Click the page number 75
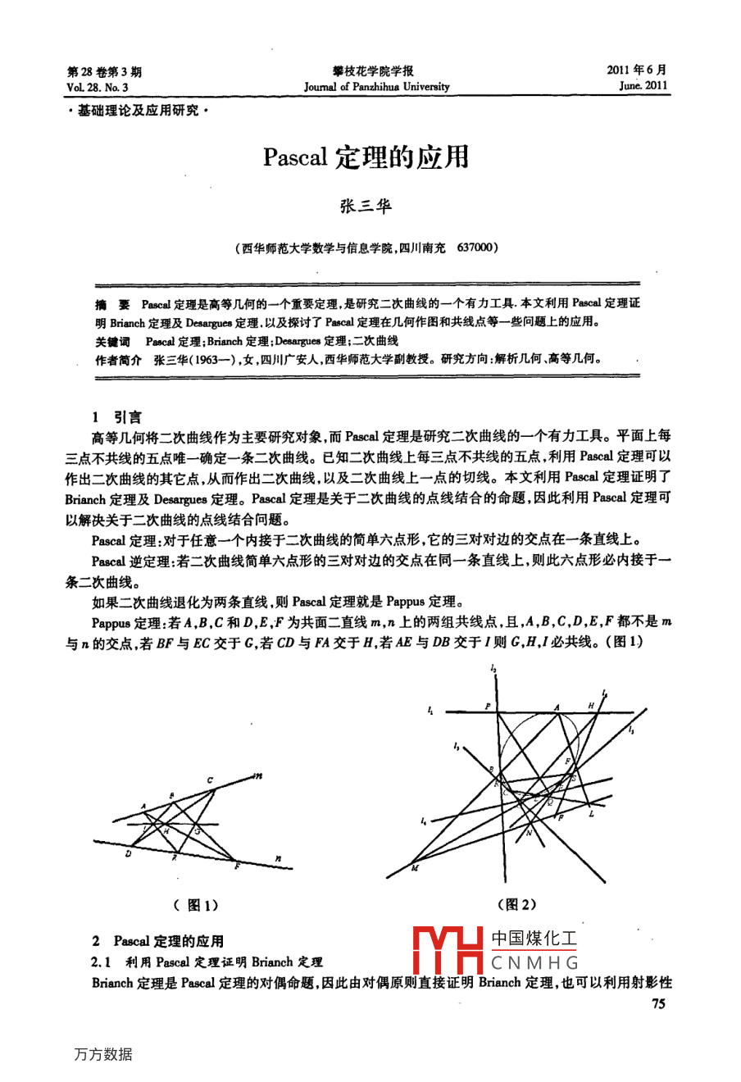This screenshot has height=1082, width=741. coord(658,1004)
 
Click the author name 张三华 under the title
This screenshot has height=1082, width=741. coord(366,206)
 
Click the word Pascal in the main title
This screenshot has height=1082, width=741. coord(295,157)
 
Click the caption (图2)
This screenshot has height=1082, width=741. coord(517,904)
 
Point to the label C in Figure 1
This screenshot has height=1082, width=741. coord(210,780)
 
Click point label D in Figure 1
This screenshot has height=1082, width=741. coord(128,853)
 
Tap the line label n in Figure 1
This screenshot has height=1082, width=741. coord(279,858)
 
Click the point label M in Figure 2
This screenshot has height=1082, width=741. coord(414,868)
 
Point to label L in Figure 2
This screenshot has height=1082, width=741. coord(591,814)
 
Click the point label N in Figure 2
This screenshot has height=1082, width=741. coord(529,832)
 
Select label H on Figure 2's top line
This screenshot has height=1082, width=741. coord(590,705)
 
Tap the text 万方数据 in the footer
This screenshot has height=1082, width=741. coord(103,1054)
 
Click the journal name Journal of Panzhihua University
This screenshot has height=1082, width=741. coord(376,86)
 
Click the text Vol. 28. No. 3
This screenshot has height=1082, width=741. coord(98,86)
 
